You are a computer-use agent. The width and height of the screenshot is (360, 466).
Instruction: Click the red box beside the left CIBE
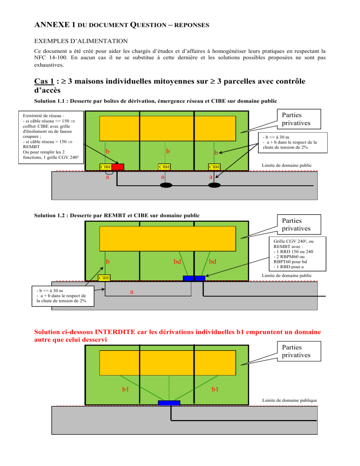point(118,166)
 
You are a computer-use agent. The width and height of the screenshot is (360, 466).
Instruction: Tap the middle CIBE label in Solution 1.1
point(165,166)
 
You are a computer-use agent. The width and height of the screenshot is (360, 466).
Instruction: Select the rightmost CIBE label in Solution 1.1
point(215,166)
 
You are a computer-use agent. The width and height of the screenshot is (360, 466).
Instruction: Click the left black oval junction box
point(166,186)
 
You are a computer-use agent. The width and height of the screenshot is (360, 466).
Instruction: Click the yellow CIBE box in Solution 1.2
point(104,278)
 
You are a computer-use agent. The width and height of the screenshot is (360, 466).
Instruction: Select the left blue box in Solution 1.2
point(188,278)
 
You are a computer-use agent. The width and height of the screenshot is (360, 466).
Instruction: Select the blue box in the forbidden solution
point(169,403)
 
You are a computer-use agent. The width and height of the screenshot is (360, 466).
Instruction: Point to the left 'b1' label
point(126,389)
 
